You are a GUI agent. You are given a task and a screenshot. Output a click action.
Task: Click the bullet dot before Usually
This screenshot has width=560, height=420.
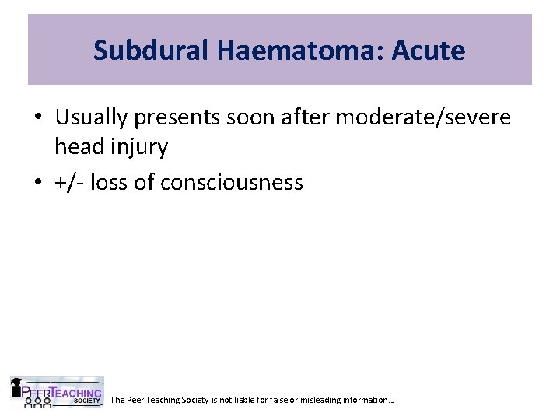coord(38,118)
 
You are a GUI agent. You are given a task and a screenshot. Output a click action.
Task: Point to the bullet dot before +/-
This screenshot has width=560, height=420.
coord(38,183)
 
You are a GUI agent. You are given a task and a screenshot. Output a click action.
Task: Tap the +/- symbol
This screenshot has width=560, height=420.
coord(69,183)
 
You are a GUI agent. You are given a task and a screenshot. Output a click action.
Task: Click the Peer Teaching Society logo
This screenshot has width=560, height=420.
coord(56,393)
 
